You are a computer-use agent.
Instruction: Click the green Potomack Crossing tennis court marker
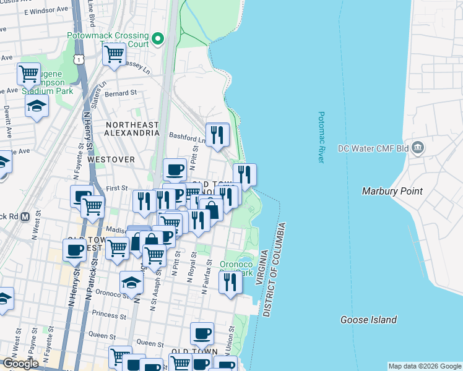(158, 39)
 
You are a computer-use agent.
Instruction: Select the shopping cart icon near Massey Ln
(115, 54)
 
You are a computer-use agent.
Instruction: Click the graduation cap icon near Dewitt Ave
(37, 106)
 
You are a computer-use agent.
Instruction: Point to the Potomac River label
(321, 137)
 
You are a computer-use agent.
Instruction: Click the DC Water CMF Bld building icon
(418, 148)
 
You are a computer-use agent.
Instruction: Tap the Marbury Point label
(392, 191)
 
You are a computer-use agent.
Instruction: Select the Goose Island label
(368, 320)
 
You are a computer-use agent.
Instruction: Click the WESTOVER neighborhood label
(111, 159)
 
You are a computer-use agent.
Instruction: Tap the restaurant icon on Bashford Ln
(217, 134)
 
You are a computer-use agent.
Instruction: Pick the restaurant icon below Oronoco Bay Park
(230, 283)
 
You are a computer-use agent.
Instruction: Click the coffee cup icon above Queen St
(202, 334)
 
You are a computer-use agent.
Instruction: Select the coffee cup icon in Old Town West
(74, 250)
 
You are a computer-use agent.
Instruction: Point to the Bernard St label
(121, 93)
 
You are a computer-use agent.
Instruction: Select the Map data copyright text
(425, 366)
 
